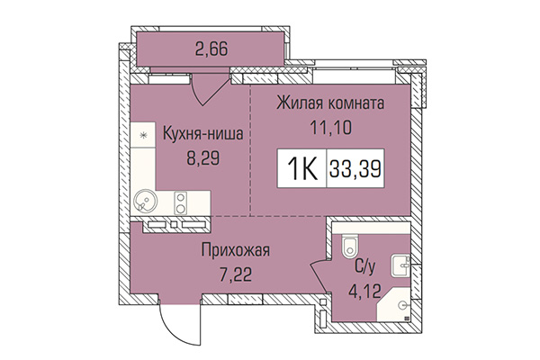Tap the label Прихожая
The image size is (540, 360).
point(236,249)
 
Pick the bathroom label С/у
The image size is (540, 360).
point(365,266)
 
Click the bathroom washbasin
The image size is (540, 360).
point(400,265)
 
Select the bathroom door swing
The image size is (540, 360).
point(320,279)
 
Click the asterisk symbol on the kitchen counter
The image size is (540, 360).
point(141,135)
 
